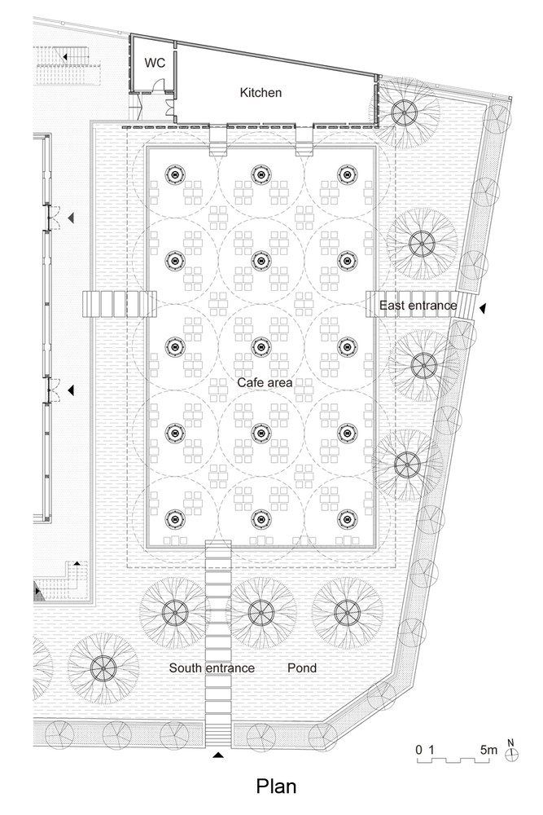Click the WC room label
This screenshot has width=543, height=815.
click(155, 62)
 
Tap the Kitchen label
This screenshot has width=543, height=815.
click(261, 93)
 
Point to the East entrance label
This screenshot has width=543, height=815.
click(418, 305)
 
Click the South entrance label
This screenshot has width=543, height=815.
click(212, 668)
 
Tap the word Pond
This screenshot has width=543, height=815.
click(302, 668)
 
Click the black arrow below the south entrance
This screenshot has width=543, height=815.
click(217, 757)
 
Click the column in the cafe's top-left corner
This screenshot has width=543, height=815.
click(174, 173)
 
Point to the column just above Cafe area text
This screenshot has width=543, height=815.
click(261, 346)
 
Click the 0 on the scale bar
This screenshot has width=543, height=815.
click(418, 748)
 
